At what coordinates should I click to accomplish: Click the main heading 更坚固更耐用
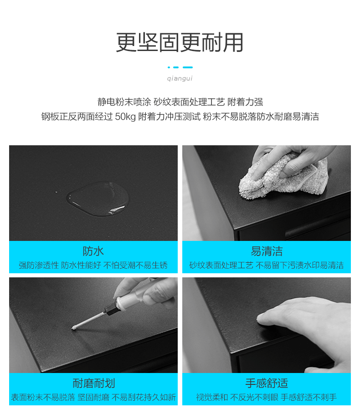[x=180, y=42]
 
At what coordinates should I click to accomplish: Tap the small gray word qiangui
[x=180, y=78]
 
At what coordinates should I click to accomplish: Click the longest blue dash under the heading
[x=188, y=67]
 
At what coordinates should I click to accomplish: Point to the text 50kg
[x=125, y=117]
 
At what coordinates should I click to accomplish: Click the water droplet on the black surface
[x=98, y=199]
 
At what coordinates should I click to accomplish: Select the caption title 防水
[x=93, y=251]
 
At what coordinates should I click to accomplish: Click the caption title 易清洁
[x=267, y=251]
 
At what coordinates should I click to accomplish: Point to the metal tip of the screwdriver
[x=73, y=328]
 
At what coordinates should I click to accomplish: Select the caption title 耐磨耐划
[x=93, y=383]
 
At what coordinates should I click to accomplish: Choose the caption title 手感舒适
[x=267, y=383]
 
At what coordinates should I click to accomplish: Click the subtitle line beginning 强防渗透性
[x=93, y=265]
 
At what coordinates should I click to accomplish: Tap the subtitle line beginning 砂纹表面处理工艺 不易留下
[x=267, y=265]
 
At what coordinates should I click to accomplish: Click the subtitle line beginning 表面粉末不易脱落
[x=93, y=397]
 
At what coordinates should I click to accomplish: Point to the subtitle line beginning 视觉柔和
[x=267, y=397]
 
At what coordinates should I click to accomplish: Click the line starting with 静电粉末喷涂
[x=180, y=102]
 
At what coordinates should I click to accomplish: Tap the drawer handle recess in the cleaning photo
[x=316, y=230]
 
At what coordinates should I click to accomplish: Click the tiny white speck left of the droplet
[x=56, y=192]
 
